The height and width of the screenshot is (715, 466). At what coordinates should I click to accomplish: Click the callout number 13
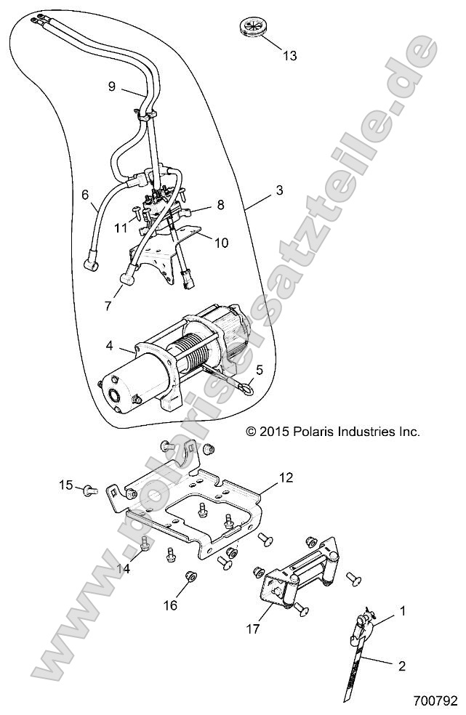pos(289,56)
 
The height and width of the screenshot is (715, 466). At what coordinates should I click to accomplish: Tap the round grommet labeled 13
pos(254,31)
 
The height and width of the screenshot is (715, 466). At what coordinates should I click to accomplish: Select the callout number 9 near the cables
pos(111,86)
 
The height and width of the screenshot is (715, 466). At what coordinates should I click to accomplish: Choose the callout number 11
pos(121,227)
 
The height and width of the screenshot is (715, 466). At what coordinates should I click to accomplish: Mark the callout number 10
pos(220,242)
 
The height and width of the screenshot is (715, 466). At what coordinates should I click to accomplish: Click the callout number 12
pos(265,478)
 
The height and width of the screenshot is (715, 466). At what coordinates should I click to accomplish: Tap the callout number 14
pos(125,568)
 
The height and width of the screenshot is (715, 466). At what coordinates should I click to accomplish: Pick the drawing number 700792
pos(434,702)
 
